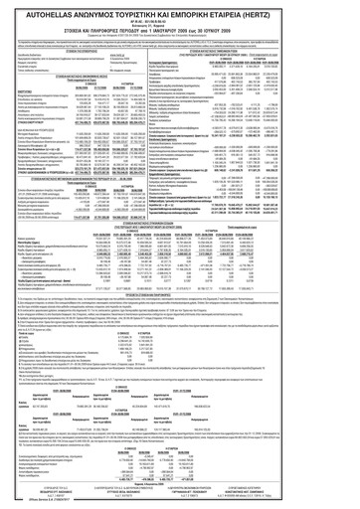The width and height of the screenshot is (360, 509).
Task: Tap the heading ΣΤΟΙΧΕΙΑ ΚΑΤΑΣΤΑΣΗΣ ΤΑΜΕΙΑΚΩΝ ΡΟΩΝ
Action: click(x=267, y=46)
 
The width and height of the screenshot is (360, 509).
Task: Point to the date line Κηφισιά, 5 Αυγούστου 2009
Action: click(x=179, y=481)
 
